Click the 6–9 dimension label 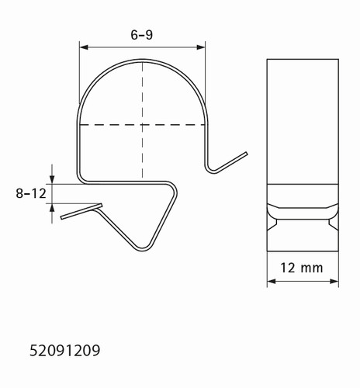pyautogui.click(x=142, y=35)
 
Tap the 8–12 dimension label pyautogui.click(x=31, y=193)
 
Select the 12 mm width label pyautogui.click(x=302, y=268)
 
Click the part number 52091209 pyautogui.click(x=64, y=351)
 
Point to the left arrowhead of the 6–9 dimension pyautogui.click(x=84, y=47)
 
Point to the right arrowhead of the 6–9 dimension pyautogui.click(x=201, y=47)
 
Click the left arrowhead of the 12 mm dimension pyautogui.click(x=272, y=281)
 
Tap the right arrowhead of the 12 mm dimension pyautogui.click(x=334, y=281)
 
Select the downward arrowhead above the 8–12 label pyautogui.click(x=52, y=179)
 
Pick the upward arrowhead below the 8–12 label pyautogui.click(x=52, y=208)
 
